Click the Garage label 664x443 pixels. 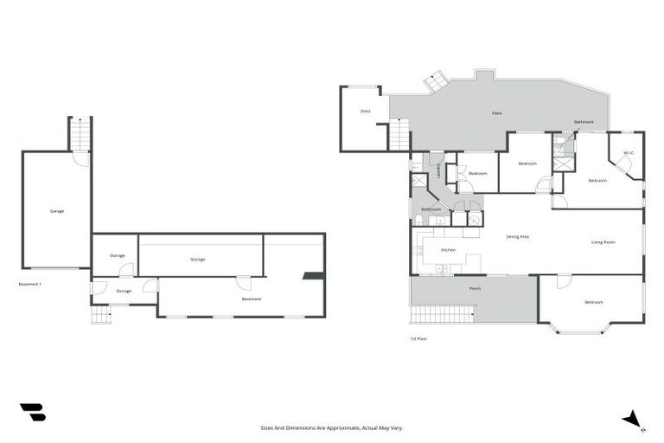(57, 211)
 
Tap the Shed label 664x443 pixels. (365, 112)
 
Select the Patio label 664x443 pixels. (497, 113)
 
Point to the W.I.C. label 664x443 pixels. (629, 153)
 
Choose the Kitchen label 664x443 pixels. (448, 250)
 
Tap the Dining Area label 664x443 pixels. (517, 236)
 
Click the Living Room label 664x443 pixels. (603, 242)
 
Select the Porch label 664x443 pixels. (475, 288)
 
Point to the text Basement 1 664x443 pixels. (30, 284)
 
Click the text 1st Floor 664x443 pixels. (419, 338)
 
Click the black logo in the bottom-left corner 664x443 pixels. (32, 413)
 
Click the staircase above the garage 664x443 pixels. (80, 134)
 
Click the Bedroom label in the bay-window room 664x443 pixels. (593, 302)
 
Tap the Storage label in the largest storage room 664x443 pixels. (197, 259)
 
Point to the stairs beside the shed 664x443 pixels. (399, 135)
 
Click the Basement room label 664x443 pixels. (252, 299)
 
